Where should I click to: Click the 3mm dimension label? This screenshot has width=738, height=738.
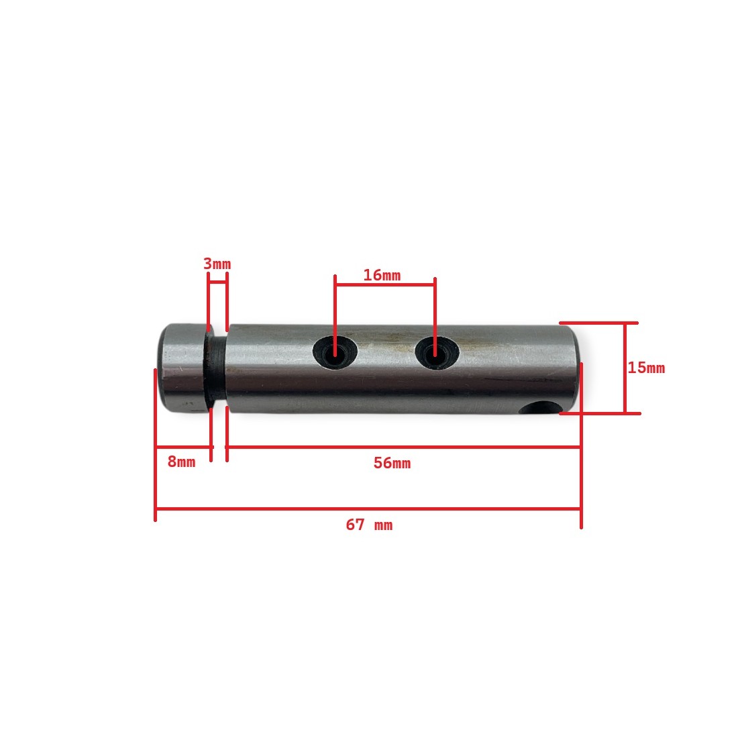click(x=217, y=264)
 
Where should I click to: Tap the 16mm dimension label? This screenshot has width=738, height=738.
click(x=382, y=275)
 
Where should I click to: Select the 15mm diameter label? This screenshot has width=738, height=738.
click(x=646, y=368)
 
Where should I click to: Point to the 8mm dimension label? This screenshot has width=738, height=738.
click(x=181, y=462)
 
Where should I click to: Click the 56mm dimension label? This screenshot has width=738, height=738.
click(x=392, y=463)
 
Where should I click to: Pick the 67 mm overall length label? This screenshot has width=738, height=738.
click(x=369, y=525)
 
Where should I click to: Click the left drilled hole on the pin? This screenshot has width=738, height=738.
click(x=335, y=352)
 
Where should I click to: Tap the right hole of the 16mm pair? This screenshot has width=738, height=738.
click(x=437, y=352)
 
